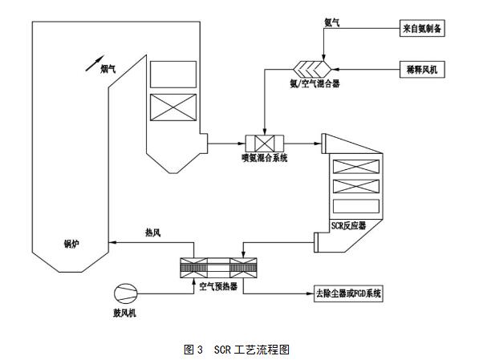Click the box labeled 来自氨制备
[x=424, y=28]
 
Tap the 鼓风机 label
[x=124, y=313]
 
